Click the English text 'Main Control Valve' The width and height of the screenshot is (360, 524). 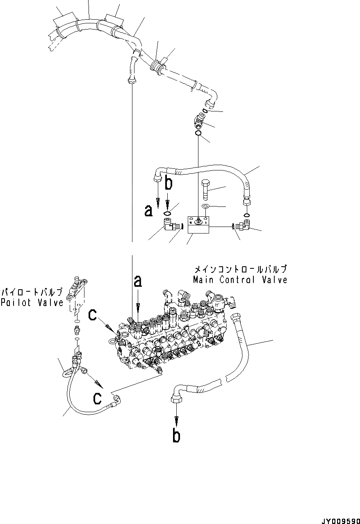coord(240,280)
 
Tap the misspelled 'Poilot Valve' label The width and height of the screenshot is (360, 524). coord(32,303)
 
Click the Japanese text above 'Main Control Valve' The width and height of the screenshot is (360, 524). coord(240,270)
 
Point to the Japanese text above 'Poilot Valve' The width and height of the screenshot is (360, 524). coord(32,293)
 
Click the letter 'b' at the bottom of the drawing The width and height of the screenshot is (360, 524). coord(176,436)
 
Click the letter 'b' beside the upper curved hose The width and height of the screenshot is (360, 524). coord(168,184)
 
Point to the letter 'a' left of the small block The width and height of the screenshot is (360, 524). coord(149,211)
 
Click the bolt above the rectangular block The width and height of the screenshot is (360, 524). coord(206,189)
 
